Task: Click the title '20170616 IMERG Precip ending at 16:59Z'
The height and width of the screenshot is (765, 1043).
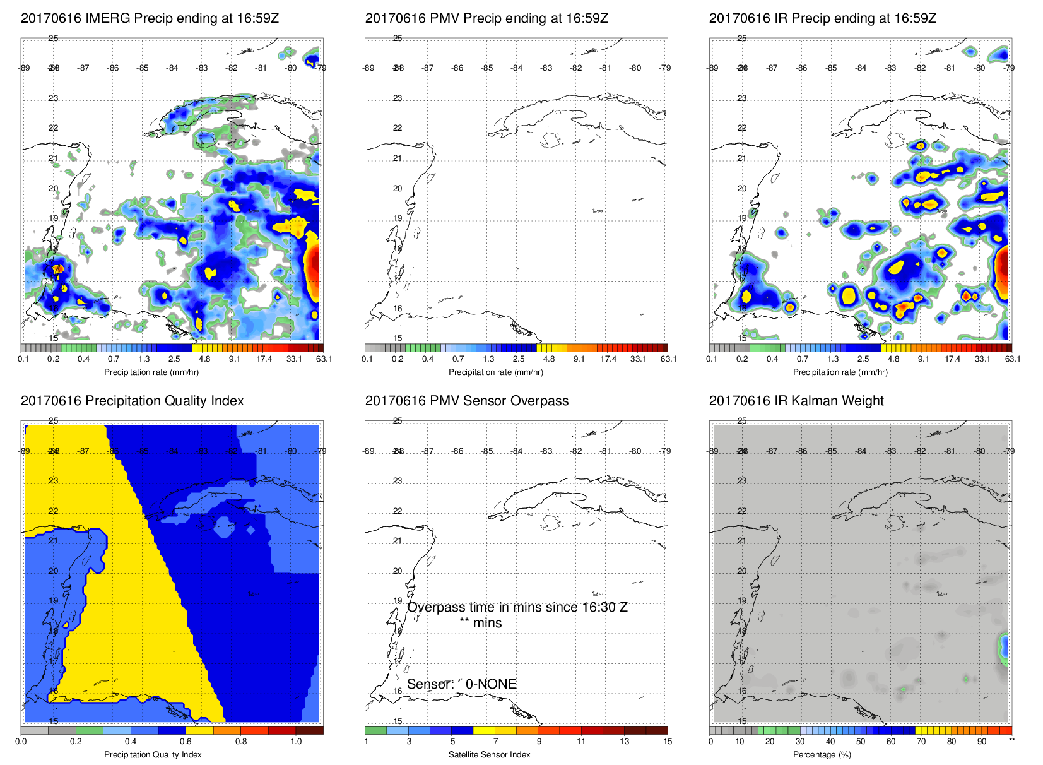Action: point(150,18)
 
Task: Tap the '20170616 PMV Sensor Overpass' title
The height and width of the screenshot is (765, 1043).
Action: point(466,401)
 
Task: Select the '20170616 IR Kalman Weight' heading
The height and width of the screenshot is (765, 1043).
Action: point(796,401)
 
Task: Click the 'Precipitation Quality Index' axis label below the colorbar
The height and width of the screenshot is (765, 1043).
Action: point(153,754)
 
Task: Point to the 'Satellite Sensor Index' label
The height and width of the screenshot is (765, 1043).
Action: point(489,754)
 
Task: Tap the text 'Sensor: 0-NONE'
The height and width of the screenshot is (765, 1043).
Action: point(461,684)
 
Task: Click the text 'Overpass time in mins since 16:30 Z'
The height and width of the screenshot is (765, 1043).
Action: point(517,607)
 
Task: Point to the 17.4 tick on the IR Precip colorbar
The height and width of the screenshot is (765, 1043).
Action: point(952,359)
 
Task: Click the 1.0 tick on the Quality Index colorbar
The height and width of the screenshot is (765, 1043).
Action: point(296,742)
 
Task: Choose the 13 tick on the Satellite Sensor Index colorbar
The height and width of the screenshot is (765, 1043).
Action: point(624,742)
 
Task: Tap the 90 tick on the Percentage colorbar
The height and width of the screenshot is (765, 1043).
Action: point(981,742)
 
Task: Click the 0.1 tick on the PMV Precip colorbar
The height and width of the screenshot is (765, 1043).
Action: point(367,359)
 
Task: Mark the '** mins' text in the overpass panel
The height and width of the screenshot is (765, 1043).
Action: point(480,623)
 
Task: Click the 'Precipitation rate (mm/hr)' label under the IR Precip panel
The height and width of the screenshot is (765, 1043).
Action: point(840,372)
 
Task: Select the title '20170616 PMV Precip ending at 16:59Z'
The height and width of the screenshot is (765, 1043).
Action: point(486,18)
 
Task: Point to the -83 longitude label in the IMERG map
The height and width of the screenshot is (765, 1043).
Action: point(202,68)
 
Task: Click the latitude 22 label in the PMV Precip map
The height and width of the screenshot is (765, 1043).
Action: point(398,128)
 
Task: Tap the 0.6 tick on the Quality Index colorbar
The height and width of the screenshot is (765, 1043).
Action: point(186,742)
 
